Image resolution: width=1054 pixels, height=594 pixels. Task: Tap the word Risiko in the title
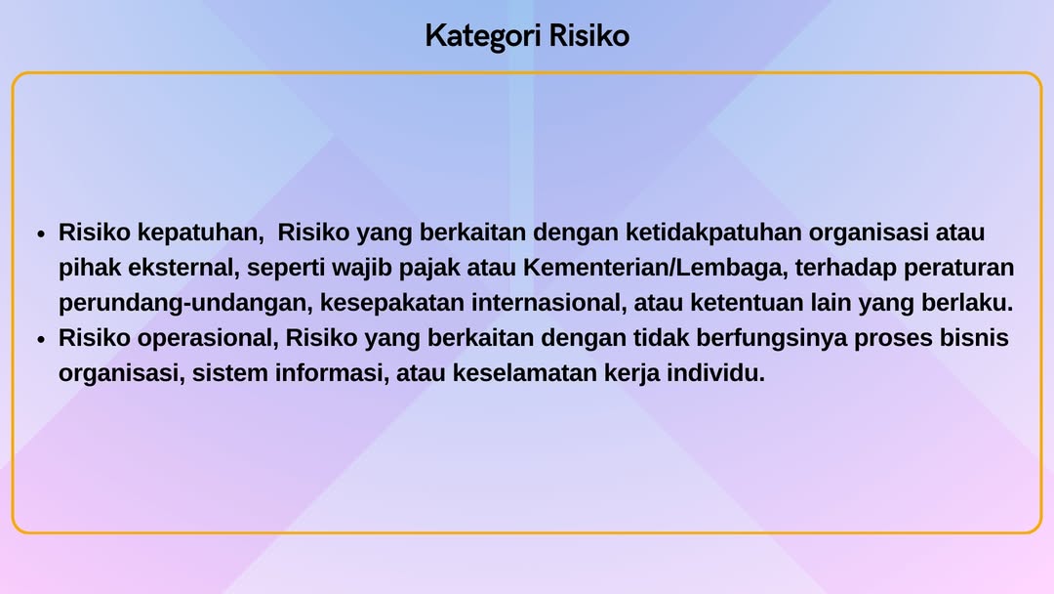coord(588,35)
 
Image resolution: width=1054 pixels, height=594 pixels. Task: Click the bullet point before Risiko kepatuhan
coord(42,234)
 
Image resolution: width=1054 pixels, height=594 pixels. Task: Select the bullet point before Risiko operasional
coord(42,339)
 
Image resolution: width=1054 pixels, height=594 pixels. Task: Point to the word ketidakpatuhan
coord(713,233)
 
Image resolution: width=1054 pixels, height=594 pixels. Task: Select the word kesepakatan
coord(392,303)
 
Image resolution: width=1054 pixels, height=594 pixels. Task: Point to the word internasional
coord(548,303)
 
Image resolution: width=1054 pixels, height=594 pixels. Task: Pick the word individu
coord(716,372)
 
